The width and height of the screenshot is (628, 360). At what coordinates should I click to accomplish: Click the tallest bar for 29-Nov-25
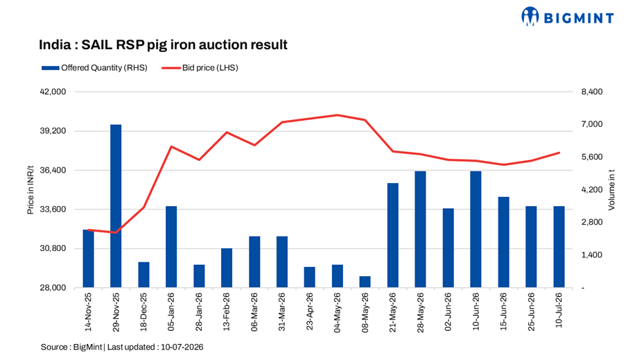click(x=116, y=206)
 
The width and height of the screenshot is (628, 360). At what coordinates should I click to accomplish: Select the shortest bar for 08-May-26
click(x=365, y=282)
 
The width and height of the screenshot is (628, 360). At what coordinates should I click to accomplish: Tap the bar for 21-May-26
click(x=393, y=235)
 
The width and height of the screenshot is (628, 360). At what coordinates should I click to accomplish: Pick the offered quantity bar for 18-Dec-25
click(x=143, y=275)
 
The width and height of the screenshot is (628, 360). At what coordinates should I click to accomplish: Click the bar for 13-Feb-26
click(x=227, y=268)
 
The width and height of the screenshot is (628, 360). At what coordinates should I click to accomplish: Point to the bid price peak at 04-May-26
click(x=338, y=115)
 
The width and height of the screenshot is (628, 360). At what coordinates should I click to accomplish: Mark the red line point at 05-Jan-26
click(x=171, y=147)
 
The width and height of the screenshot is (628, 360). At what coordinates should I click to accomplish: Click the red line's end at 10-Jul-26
click(x=559, y=153)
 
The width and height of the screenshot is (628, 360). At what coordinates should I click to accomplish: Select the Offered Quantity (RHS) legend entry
click(x=94, y=68)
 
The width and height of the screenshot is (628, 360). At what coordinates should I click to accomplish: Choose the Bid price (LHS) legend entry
click(x=200, y=68)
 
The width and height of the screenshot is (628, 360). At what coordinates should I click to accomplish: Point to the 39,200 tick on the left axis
click(x=53, y=131)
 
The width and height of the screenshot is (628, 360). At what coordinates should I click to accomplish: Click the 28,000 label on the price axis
click(x=53, y=288)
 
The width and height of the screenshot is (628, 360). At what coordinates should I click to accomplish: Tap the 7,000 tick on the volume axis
click(x=592, y=124)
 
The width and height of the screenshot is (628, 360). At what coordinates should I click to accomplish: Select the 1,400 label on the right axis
click(x=592, y=255)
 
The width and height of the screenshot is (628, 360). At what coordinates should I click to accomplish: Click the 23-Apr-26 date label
click(x=310, y=311)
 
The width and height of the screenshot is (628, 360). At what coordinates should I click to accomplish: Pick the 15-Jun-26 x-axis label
click(x=503, y=311)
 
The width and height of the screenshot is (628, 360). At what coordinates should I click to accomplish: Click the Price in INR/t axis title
click(x=30, y=190)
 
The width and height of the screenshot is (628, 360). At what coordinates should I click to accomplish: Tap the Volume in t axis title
click(x=611, y=190)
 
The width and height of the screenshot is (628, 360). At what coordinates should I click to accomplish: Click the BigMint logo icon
click(x=530, y=17)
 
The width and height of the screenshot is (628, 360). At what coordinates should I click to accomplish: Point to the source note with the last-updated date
click(x=122, y=348)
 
